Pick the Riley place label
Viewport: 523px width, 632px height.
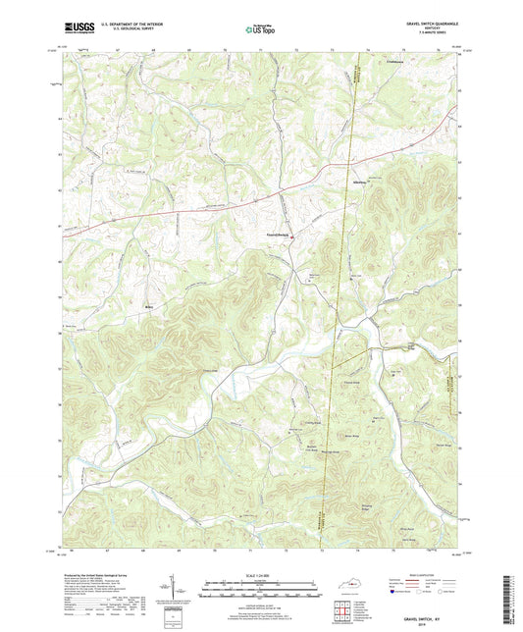pos(150,305)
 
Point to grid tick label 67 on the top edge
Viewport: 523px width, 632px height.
pos(118,47)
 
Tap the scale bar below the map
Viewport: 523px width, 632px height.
pos(261,589)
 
